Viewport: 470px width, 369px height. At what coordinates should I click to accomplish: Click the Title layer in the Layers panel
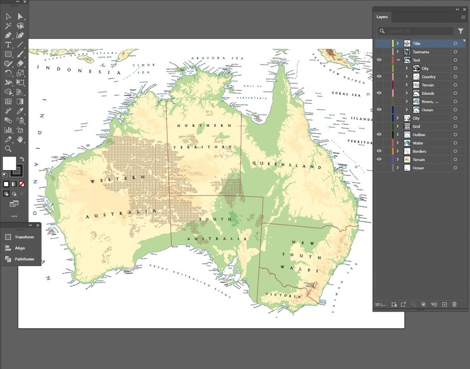point(417,43)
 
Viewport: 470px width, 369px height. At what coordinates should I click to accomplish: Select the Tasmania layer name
point(421,52)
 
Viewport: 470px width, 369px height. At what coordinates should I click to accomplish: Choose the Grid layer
point(416,126)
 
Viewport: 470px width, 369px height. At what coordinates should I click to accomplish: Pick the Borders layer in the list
point(420,151)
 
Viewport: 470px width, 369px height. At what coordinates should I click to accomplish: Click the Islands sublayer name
point(428,93)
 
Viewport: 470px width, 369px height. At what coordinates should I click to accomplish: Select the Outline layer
point(419,134)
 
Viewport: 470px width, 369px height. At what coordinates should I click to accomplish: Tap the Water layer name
point(418,143)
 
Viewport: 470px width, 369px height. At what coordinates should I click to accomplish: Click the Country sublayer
point(429,76)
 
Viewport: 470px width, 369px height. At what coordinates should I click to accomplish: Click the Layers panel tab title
point(382,17)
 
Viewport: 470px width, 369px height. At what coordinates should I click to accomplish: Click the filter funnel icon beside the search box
point(461,31)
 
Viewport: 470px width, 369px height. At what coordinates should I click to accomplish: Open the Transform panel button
point(24,237)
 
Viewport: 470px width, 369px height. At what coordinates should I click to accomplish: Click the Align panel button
point(20,248)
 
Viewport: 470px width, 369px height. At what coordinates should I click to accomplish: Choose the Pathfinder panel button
point(24,259)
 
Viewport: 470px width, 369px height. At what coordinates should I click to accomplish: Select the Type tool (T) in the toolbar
point(8,45)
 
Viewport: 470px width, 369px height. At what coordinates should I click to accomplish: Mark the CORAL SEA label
point(347,93)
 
